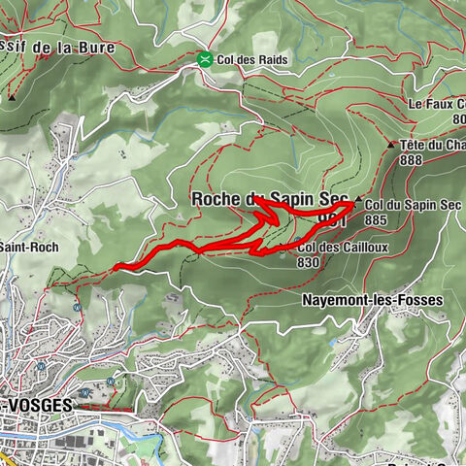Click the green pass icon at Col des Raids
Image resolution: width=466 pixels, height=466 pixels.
click(x=205, y=59)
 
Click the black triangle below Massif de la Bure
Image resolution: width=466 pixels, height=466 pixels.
click(x=12, y=97)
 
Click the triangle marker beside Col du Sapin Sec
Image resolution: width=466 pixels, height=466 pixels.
click(x=358, y=200)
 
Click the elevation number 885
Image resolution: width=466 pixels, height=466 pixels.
click(x=378, y=219)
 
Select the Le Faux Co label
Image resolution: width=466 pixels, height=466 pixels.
click(x=436, y=104)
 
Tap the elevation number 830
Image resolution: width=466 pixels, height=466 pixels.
click(x=310, y=262)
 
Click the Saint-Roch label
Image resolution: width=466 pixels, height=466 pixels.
click(x=29, y=248)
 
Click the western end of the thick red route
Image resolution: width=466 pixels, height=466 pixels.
click(x=115, y=265)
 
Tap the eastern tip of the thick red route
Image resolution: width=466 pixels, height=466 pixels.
click(x=351, y=205)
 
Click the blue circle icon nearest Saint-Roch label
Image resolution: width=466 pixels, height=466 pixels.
click(x=77, y=308)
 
